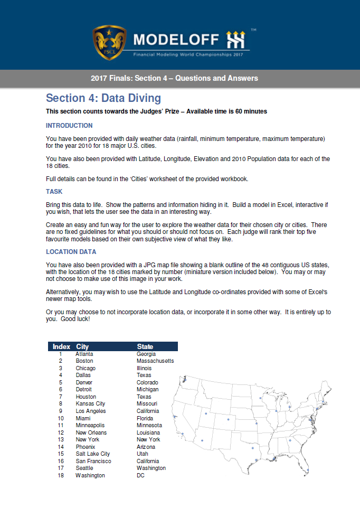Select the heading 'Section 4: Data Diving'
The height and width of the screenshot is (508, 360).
tap(103, 98)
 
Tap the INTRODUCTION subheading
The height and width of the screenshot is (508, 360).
tap(69, 126)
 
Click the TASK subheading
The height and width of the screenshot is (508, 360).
tap(54, 192)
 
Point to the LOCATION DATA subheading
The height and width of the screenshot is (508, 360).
tap(72, 252)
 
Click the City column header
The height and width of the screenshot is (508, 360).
tap(82, 346)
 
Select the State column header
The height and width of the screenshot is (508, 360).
tap(145, 346)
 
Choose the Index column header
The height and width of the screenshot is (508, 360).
tap(61, 346)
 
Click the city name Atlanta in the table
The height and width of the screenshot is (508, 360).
tap(84, 354)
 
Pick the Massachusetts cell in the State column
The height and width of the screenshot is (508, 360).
tap(155, 361)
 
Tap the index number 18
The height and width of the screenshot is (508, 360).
tap(61, 475)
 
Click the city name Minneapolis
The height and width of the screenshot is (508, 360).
tap(90, 425)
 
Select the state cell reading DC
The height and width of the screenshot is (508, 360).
tap(140, 475)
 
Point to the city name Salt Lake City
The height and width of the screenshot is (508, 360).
tap(93, 454)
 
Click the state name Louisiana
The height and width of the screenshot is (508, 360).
tap(148, 432)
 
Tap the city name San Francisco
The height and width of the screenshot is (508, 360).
tap(93, 461)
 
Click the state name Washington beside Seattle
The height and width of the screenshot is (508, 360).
tap(151, 468)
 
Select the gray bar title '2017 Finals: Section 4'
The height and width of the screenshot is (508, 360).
tap(174, 78)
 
